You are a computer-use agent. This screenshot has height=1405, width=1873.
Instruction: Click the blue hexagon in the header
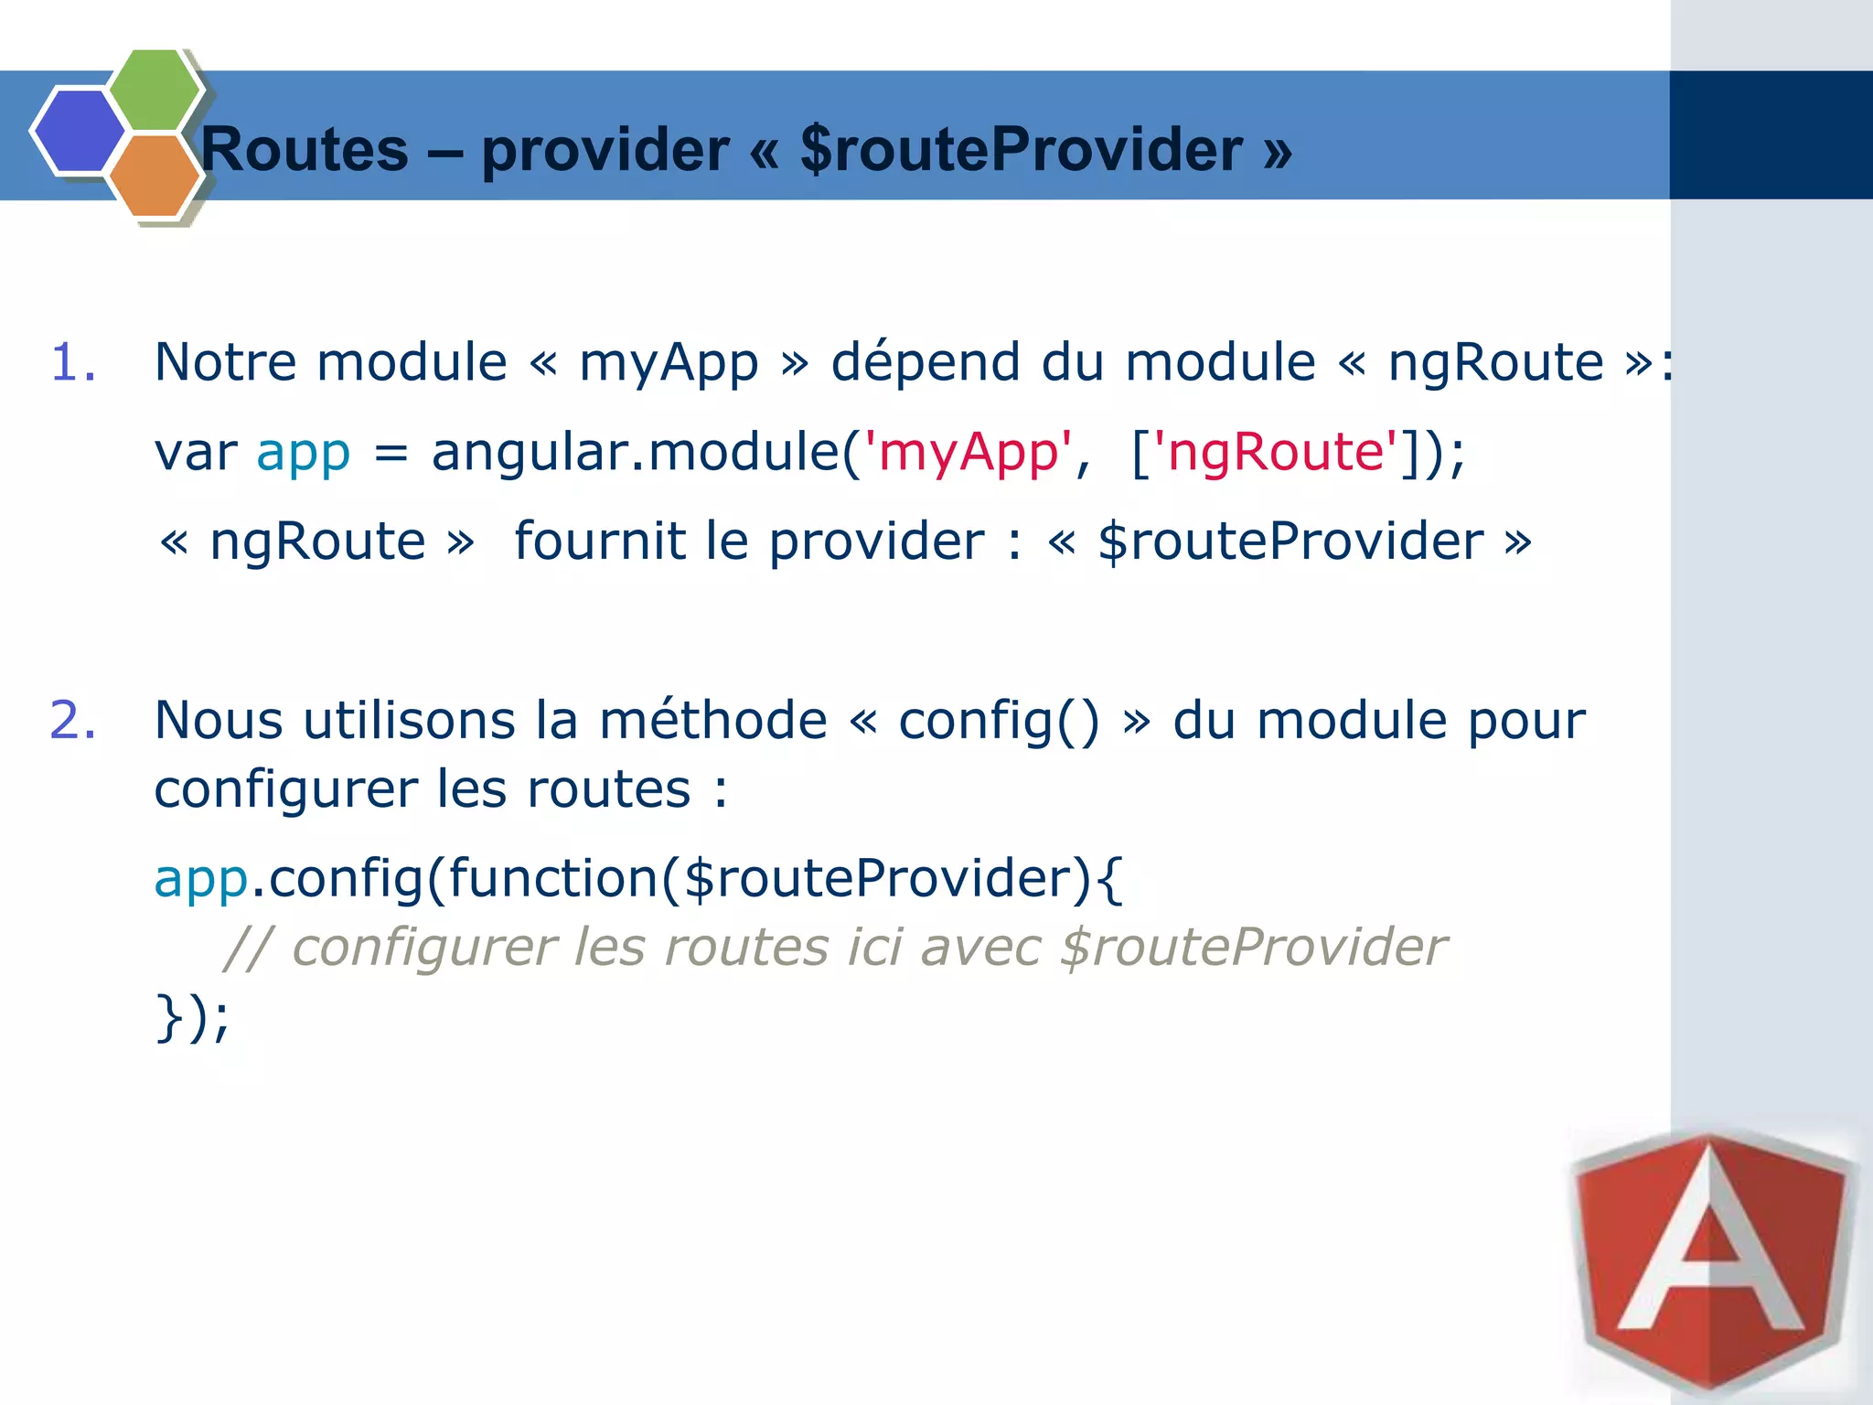tap(79, 130)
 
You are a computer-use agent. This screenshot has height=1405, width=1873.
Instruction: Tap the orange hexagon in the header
tap(154, 175)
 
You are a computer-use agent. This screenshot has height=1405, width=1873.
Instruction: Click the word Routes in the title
tap(305, 149)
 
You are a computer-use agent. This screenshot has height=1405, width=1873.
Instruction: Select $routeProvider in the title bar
tap(1021, 149)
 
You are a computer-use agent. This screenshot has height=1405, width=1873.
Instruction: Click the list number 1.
tap(73, 361)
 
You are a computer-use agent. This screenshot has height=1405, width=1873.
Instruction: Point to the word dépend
tap(925, 361)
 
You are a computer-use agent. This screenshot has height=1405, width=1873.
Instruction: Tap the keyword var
tap(195, 452)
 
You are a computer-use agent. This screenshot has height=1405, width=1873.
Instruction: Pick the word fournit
tap(599, 541)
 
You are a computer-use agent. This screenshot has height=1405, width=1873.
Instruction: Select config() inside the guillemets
tap(999, 721)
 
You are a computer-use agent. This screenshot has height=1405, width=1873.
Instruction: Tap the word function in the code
tap(552, 878)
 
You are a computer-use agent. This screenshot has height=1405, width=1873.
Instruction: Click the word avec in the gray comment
tap(979, 948)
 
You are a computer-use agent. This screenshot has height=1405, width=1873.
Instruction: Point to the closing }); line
tap(193, 1017)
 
